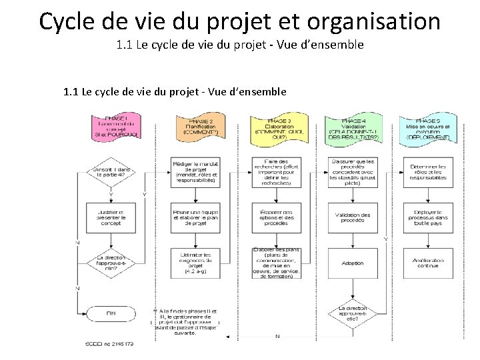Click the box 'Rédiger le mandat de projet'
click(x=196, y=172)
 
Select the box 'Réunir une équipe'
click(x=196, y=217)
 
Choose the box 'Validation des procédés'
click(x=353, y=217)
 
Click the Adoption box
click(x=353, y=263)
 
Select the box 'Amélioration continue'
click(x=428, y=263)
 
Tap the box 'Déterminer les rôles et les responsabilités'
click(x=428, y=172)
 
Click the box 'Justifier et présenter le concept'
click(x=111, y=217)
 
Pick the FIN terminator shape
click(x=111, y=312)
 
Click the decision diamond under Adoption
click(x=353, y=314)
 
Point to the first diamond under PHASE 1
click(x=111, y=172)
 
